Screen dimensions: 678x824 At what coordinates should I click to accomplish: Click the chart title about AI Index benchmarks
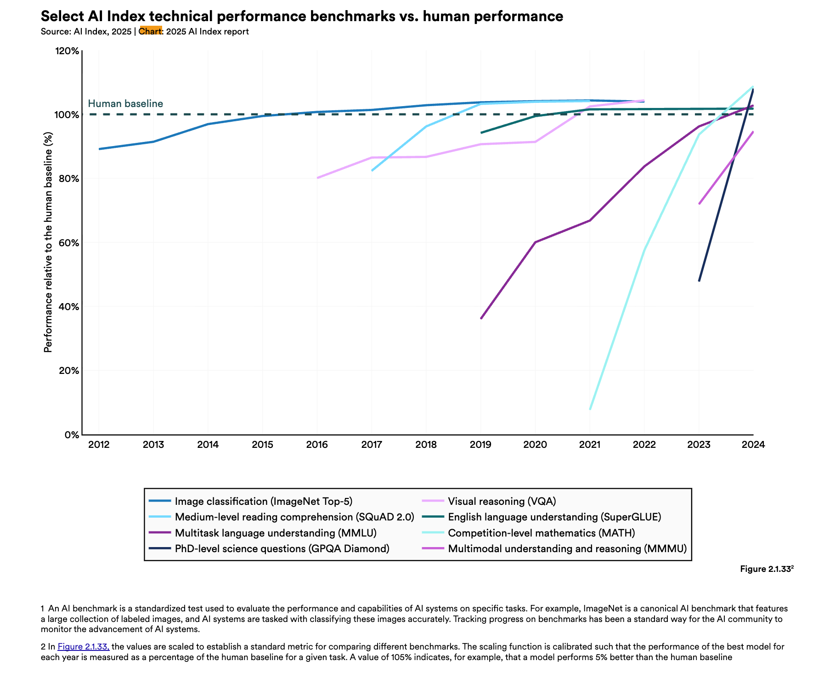click(302, 16)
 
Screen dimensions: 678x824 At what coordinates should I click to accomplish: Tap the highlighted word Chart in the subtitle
click(150, 31)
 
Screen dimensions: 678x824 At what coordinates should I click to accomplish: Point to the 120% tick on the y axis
click(67, 51)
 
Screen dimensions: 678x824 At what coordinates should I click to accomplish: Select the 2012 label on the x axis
click(99, 445)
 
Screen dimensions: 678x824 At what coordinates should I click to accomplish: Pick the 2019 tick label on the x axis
click(480, 445)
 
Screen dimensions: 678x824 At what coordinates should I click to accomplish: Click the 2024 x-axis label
click(753, 445)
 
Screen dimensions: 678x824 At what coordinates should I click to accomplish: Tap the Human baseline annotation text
click(125, 103)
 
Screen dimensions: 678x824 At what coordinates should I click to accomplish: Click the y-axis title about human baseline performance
click(48, 242)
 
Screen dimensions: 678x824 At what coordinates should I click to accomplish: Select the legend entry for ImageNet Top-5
click(263, 501)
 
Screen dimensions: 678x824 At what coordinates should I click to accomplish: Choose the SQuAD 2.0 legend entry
click(294, 517)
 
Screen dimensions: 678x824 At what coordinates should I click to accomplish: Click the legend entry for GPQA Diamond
click(282, 548)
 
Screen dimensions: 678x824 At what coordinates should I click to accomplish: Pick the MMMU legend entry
click(567, 548)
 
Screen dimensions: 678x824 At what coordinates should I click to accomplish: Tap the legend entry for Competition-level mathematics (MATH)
click(541, 533)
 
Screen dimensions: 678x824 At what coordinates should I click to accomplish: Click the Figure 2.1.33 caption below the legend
click(766, 569)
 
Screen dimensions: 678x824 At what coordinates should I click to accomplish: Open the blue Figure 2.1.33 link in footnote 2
click(83, 647)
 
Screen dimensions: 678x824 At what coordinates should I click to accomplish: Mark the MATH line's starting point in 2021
click(590, 409)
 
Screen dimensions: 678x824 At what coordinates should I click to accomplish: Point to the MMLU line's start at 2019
click(481, 318)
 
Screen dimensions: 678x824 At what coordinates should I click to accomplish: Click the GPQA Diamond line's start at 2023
click(699, 281)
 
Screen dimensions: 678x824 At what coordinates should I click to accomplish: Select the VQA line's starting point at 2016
click(317, 178)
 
